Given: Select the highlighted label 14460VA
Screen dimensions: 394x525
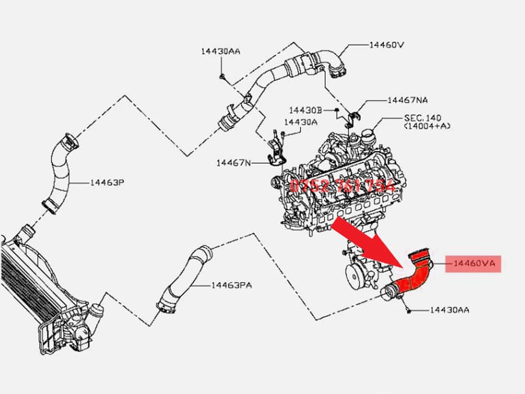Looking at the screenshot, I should pos(473,263).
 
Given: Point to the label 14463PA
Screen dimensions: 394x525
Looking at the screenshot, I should pos(231,285).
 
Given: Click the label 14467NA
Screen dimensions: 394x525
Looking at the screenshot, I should pos(407,100).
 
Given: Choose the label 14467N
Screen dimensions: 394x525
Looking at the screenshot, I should pos(234,163).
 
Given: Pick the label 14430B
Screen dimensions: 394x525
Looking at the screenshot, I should pos(305,110).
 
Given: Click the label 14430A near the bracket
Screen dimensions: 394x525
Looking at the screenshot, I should pos(300,122).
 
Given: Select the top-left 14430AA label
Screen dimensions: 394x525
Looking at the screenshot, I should pos(221,51).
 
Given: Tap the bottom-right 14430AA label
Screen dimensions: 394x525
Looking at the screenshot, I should pos(450,310).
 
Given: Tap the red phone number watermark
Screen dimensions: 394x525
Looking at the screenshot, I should pos(342,186).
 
